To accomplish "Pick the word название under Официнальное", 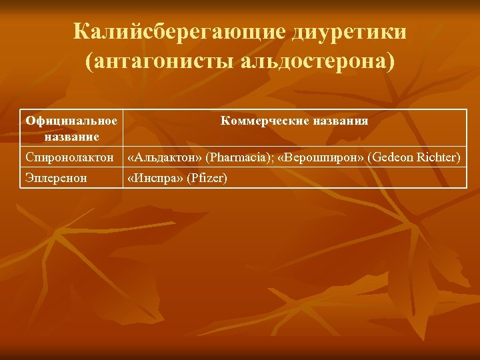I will [x=72, y=136].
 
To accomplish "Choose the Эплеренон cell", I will [x=57, y=178].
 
